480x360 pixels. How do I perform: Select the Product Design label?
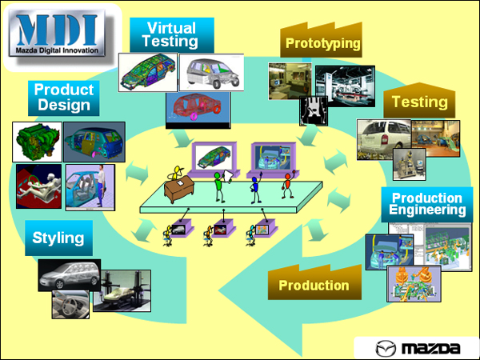(x=64, y=98)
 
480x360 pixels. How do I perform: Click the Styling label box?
(x=58, y=238)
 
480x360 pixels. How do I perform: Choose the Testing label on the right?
(x=419, y=103)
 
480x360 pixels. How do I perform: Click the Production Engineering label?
(x=427, y=205)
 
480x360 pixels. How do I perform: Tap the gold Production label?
(x=314, y=285)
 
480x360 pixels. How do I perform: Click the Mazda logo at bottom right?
(x=418, y=347)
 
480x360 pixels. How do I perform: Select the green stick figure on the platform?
(x=218, y=187)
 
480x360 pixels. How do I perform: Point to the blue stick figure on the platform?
(x=255, y=191)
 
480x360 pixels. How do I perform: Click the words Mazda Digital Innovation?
(x=58, y=51)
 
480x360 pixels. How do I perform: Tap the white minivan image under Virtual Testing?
(x=210, y=74)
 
